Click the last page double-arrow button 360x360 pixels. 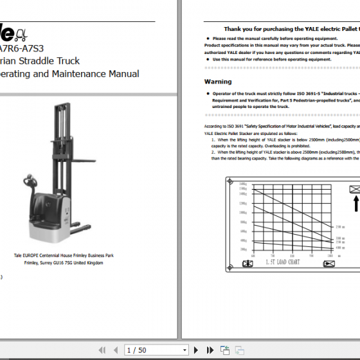click(209, 350)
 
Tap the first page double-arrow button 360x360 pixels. click(102, 350)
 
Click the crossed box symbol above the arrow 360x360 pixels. click(354, 190)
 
